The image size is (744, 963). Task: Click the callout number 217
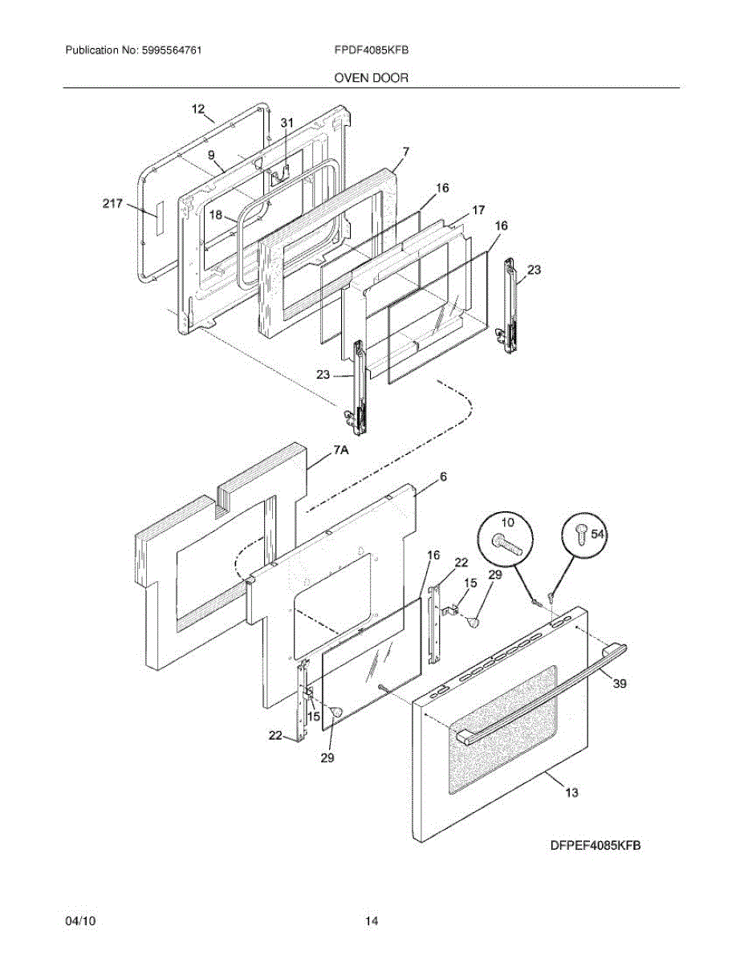click(112, 204)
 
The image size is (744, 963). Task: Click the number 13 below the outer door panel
click(571, 793)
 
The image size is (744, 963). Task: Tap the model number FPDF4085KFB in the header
click(372, 50)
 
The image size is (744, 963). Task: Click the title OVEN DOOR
click(371, 78)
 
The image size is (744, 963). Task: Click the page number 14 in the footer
click(371, 921)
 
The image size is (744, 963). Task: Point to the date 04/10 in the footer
click(80, 921)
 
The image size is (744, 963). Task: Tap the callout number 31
click(287, 122)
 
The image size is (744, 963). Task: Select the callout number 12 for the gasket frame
click(198, 108)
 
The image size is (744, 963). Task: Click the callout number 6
click(442, 476)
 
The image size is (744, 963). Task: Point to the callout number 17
click(478, 210)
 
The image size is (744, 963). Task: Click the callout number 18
click(216, 214)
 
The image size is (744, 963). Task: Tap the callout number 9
click(210, 154)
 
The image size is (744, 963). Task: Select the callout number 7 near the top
click(406, 151)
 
